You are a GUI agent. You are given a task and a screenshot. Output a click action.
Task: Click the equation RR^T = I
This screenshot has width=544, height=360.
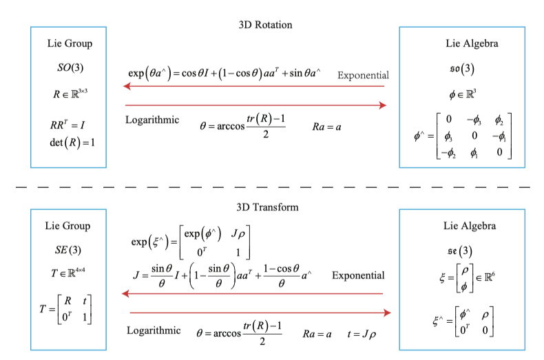coord(67,126)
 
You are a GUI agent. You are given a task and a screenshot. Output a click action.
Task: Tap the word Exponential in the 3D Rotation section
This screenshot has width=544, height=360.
coord(364,75)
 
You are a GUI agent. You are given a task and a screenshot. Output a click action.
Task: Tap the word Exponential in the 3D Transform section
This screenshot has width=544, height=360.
coord(358,275)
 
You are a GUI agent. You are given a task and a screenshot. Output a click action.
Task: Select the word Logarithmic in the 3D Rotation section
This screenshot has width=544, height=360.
coord(152,119)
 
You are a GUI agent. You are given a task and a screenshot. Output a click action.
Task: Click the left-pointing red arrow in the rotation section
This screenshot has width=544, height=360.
coord(255,87)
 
